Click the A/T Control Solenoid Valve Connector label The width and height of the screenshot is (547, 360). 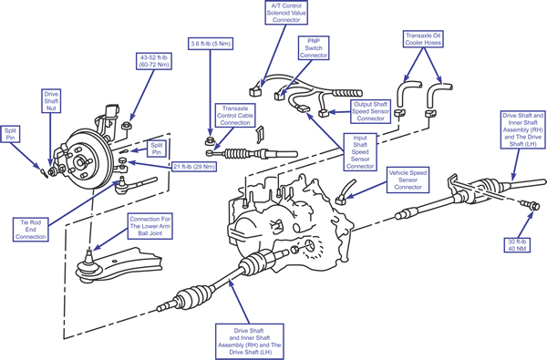pos(286,13)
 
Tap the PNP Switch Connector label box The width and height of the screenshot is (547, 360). pos(314,47)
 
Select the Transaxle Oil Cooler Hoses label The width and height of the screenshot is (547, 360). pos(423,39)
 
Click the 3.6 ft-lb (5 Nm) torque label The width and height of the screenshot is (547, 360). pos(211,44)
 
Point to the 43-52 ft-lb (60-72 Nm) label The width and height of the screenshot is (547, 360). pos(153,61)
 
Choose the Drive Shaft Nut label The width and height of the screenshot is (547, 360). pos(51,101)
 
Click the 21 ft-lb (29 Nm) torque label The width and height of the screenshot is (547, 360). pos(194,167)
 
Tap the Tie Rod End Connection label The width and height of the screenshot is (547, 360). pos(30,230)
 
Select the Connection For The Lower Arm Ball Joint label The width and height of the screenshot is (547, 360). pos(150,226)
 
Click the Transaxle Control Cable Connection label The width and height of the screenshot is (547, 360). pos(235,115)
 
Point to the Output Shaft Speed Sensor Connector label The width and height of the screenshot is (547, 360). pos(370,111)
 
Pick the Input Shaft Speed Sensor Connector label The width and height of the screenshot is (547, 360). pos(360,152)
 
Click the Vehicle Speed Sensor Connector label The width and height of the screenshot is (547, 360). pos(408,180)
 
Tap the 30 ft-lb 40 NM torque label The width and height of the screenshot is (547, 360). pos(517,245)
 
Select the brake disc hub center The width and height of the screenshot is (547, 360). pos(79,162)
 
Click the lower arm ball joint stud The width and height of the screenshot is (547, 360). pos(89,257)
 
